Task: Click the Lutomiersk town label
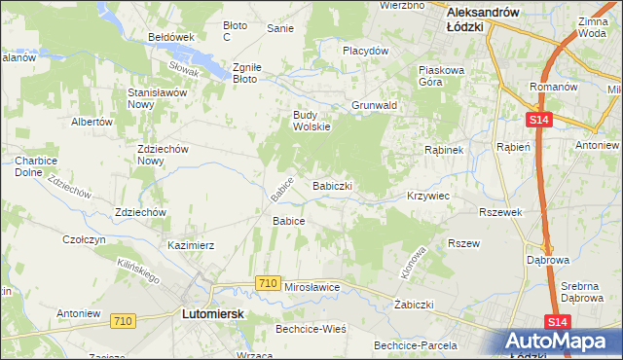point(212,315)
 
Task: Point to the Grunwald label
point(372,105)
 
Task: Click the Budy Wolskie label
point(312,121)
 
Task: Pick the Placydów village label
point(365,51)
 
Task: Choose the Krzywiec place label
point(428,196)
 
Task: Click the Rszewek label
point(501,212)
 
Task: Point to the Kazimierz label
point(191,246)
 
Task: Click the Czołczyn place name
point(84,238)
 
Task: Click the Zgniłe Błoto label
point(244,74)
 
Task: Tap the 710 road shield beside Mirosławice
point(269,282)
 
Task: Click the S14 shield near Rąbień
point(539,120)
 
